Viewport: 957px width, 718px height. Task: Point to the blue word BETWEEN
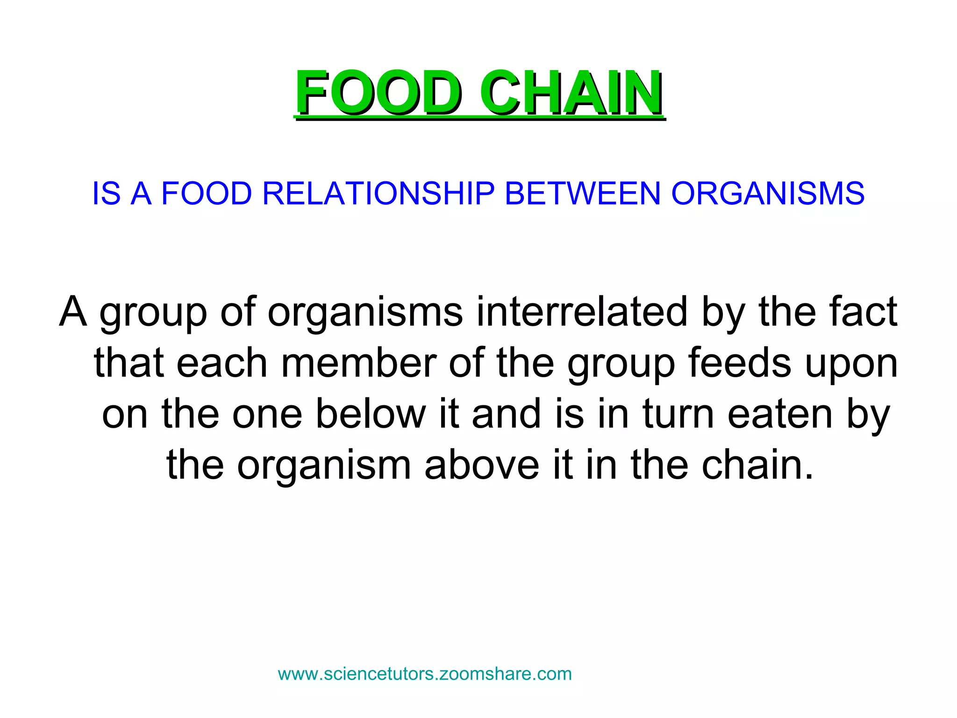(x=583, y=193)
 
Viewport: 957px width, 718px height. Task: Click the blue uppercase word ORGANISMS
(x=768, y=193)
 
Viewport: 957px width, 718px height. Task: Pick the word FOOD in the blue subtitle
(x=207, y=193)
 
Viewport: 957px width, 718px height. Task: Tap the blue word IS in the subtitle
(x=107, y=193)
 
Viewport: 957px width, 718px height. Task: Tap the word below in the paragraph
(x=371, y=414)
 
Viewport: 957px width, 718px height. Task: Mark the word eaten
(x=780, y=414)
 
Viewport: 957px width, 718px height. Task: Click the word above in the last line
(x=482, y=465)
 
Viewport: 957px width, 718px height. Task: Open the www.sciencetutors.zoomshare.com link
(x=425, y=674)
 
